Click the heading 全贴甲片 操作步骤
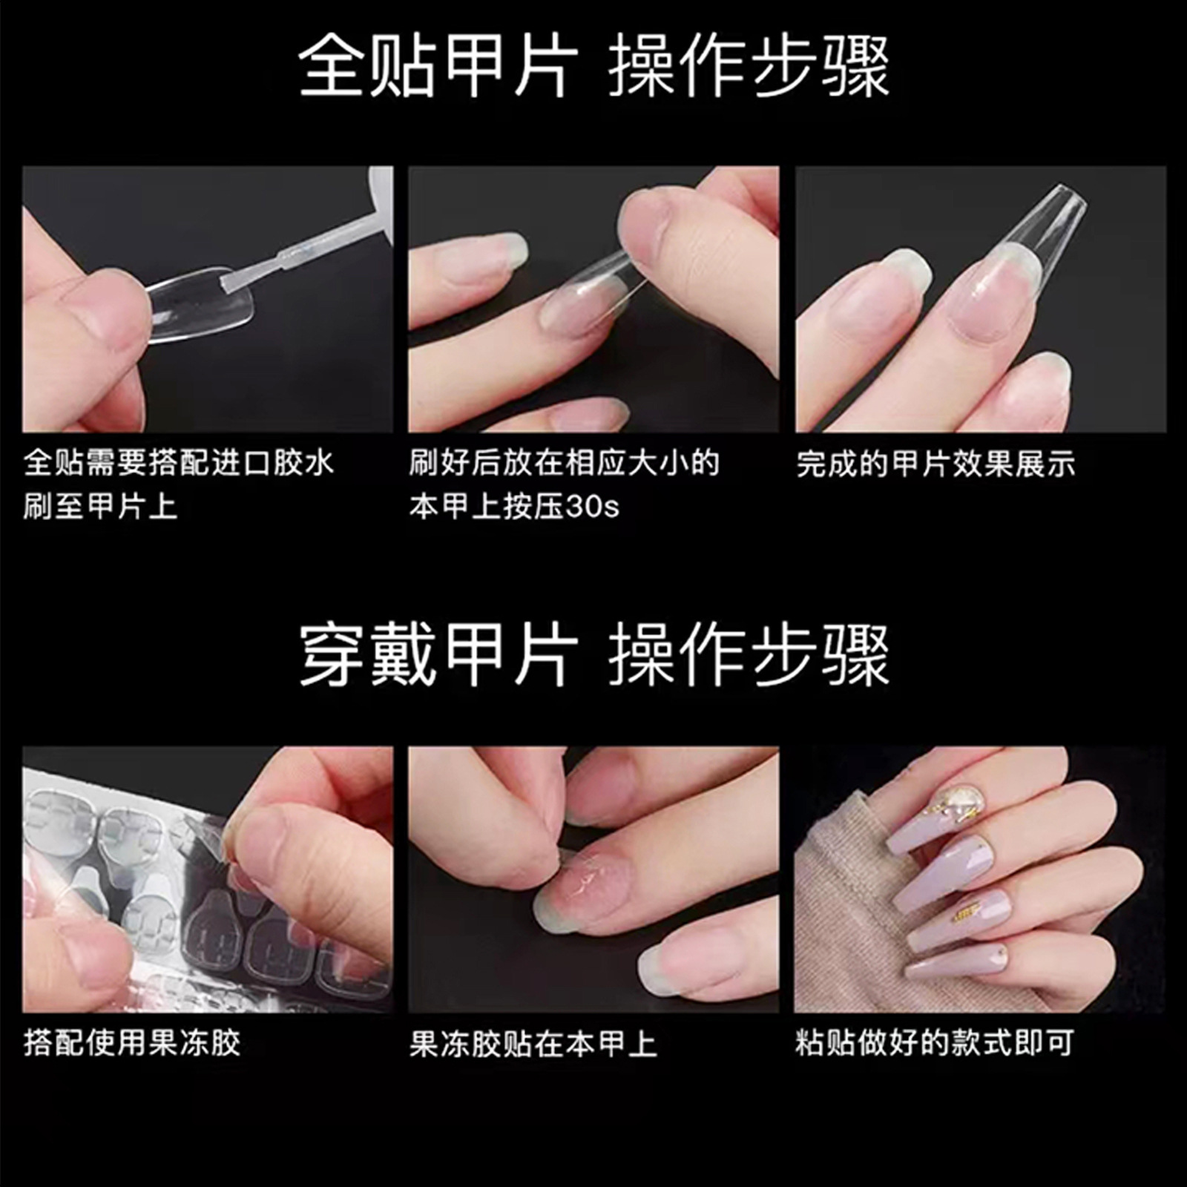[x=593, y=67]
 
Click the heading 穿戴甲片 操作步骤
[x=593, y=655]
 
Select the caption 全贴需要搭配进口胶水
[x=179, y=462]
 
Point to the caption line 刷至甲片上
[x=100, y=507]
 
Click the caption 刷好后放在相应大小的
[x=565, y=462]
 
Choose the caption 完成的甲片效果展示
[x=936, y=464]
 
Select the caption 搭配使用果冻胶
[x=132, y=1042]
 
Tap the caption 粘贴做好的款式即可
[x=935, y=1042]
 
